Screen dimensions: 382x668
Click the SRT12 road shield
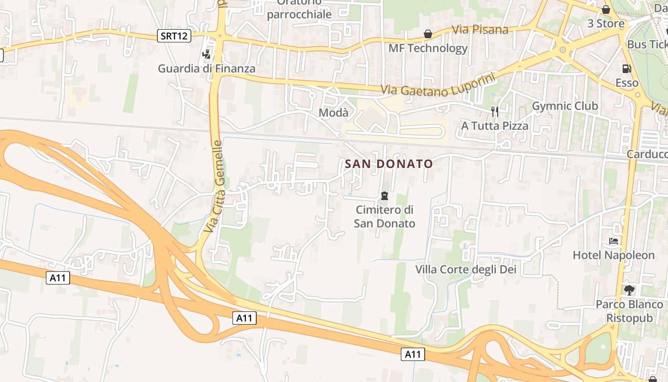click(174, 35)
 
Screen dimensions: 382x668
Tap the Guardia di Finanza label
click(207, 68)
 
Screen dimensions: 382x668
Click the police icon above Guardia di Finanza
click(207, 54)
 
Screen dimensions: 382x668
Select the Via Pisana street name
click(480, 30)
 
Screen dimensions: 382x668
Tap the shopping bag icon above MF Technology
click(428, 34)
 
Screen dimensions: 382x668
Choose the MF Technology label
click(428, 48)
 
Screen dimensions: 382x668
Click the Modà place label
click(334, 113)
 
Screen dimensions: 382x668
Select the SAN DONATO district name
click(389, 164)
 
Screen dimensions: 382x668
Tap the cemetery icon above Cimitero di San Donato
click(384, 196)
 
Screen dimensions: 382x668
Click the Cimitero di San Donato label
click(385, 216)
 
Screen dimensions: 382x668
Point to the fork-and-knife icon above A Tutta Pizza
click(495, 112)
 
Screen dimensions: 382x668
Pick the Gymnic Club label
click(565, 106)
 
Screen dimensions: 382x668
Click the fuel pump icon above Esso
click(626, 69)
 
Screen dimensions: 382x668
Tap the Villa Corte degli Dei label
click(466, 269)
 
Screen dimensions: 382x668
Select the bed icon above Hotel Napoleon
click(614, 241)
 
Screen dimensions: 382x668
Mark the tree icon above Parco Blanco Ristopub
click(629, 290)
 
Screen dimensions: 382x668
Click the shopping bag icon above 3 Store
click(606, 10)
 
